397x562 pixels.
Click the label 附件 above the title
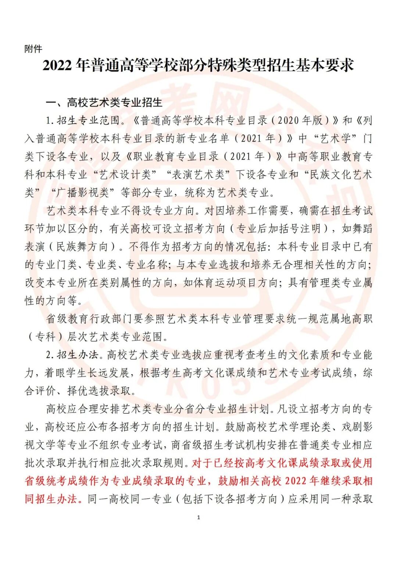click(x=33, y=49)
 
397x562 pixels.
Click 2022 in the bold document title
click(x=57, y=66)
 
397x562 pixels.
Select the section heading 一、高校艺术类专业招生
click(x=104, y=102)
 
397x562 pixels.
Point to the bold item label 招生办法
click(x=78, y=355)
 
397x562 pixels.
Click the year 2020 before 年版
click(x=289, y=120)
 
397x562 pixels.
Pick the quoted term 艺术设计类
click(x=125, y=174)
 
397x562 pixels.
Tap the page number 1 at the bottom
click(x=198, y=517)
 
